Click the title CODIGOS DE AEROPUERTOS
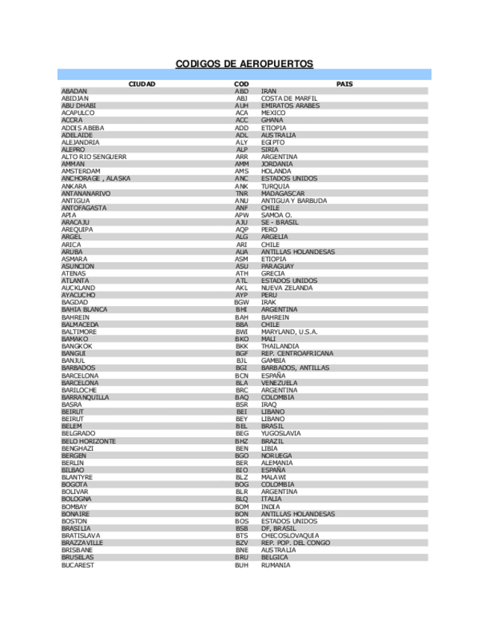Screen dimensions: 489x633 pyautogui.click(x=244, y=64)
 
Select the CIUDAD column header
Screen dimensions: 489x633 pyautogui.click(x=142, y=84)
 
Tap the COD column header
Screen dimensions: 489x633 pyautogui.click(x=241, y=84)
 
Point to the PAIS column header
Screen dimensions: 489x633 pyautogui.click(x=344, y=84)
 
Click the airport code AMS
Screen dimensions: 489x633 pyautogui.click(x=241, y=172)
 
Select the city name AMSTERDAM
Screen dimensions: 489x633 pyautogui.click(x=81, y=172)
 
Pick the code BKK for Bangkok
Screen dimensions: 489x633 pyautogui.click(x=241, y=346)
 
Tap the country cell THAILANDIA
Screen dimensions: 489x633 pyautogui.click(x=280, y=346)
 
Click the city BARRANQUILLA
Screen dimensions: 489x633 pyautogui.click(x=86, y=398)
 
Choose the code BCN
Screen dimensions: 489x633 pyautogui.click(x=241, y=375)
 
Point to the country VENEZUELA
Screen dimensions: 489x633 pyautogui.click(x=280, y=383)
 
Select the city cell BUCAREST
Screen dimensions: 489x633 pyautogui.click(x=78, y=565)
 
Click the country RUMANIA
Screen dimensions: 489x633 pyautogui.click(x=275, y=565)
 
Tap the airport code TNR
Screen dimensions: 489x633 pyautogui.click(x=241, y=193)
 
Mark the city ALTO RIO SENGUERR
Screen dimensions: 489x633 pyautogui.click(x=93, y=157)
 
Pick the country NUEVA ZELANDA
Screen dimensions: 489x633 pyautogui.click(x=287, y=288)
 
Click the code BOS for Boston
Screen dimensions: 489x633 pyautogui.click(x=241, y=522)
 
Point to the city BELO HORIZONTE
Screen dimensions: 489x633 pyautogui.click(x=88, y=441)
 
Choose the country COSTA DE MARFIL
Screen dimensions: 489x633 pyautogui.click(x=289, y=99)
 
